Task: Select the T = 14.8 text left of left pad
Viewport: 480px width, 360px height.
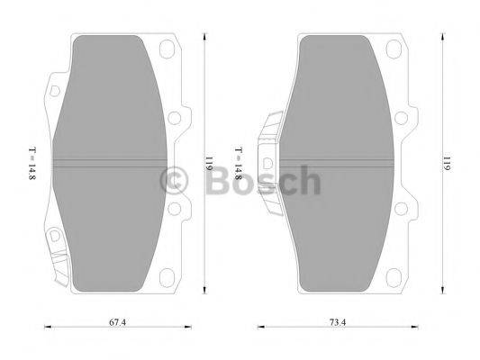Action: (x=32, y=163)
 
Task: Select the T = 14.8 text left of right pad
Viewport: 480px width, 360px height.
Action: (x=237, y=163)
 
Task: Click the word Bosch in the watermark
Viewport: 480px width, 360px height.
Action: (x=260, y=182)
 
